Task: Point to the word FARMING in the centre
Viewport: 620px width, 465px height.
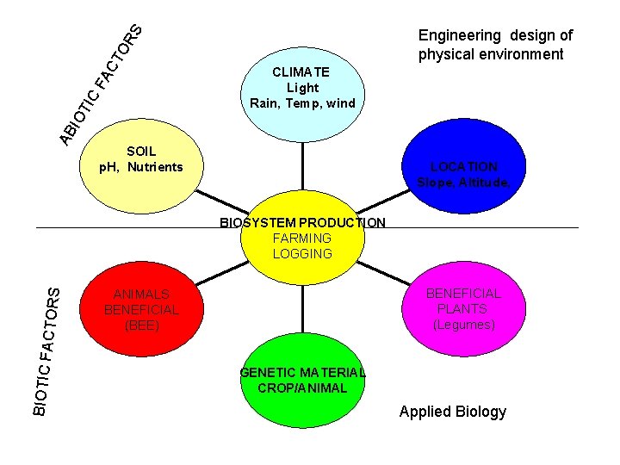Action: tap(302, 238)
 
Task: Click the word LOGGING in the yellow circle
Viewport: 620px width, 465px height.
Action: tap(302, 253)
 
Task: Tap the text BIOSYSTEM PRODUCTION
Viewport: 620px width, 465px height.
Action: tap(302, 222)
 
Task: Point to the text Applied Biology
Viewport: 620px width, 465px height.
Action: tap(453, 411)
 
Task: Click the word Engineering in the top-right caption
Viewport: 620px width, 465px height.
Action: tap(459, 35)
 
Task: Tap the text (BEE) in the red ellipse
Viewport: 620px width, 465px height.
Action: tap(141, 325)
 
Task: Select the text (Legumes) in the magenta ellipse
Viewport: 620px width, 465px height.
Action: tap(463, 324)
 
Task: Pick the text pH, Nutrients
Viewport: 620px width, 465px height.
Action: tap(141, 166)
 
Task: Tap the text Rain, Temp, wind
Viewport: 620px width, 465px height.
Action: tap(302, 103)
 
